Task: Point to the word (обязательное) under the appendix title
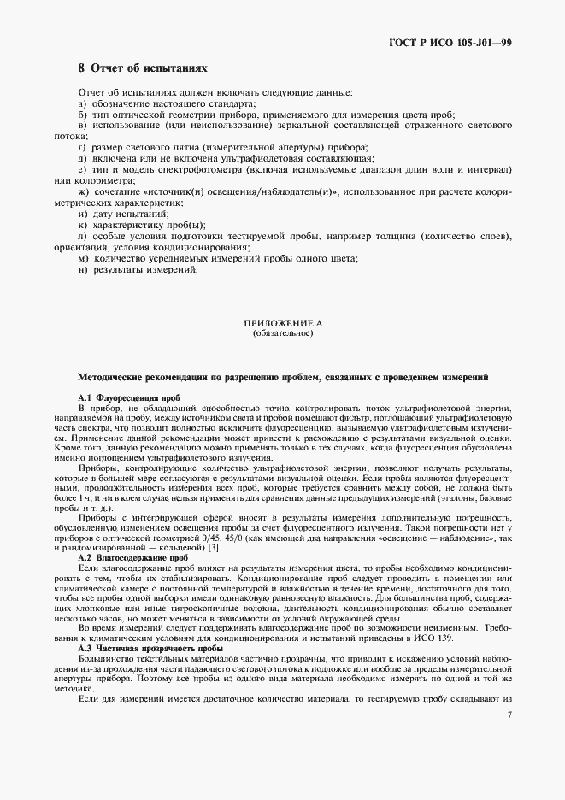tap(282, 333)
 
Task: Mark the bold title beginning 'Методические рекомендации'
tap(283, 376)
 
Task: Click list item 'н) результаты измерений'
tap(138, 270)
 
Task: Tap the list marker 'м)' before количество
tap(83, 258)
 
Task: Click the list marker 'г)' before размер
tap(82, 147)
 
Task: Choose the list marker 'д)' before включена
tap(83, 158)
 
